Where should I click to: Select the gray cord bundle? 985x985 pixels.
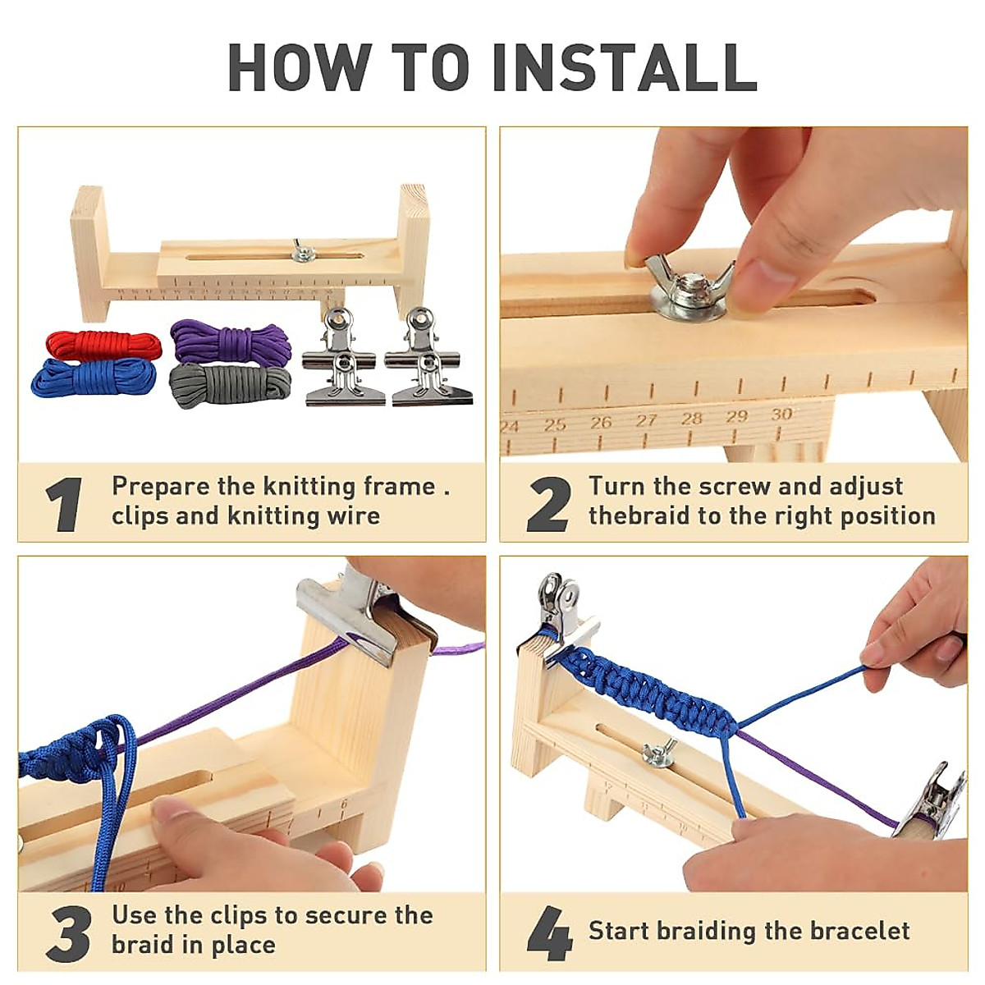coord(230,384)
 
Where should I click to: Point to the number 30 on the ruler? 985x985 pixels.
coord(781,415)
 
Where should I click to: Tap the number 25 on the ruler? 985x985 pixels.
coord(556,425)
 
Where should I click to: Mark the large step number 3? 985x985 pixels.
coord(68,932)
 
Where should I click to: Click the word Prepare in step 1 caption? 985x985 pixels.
coord(161,487)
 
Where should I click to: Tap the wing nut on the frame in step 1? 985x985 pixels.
coord(302,252)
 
